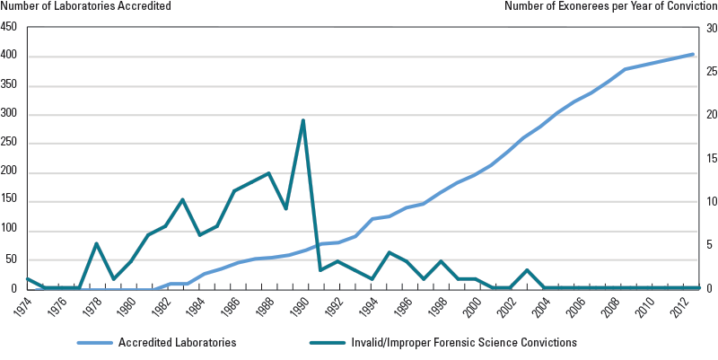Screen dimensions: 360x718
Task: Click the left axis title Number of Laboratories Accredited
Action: pyautogui.click(x=85, y=6)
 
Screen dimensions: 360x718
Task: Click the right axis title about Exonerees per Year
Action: pyautogui.click(x=610, y=6)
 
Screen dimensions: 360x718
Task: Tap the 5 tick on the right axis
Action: pyautogui.click(x=709, y=245)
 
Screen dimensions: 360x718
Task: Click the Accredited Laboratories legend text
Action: pyautogui.click(x=177, y=342)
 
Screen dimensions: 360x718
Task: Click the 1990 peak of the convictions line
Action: pyautogui.click(x=303, y=120)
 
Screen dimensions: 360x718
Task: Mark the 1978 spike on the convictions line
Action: pyautogui.click(x=96, y=243)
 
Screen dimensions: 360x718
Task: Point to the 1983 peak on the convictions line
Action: pyautogui.click(x=182, y=199)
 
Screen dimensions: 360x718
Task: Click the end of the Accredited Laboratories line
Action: pyautogui.click(x=693, y=54)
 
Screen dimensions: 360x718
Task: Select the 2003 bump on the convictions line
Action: pyautogui.click(x=527, y=270)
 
